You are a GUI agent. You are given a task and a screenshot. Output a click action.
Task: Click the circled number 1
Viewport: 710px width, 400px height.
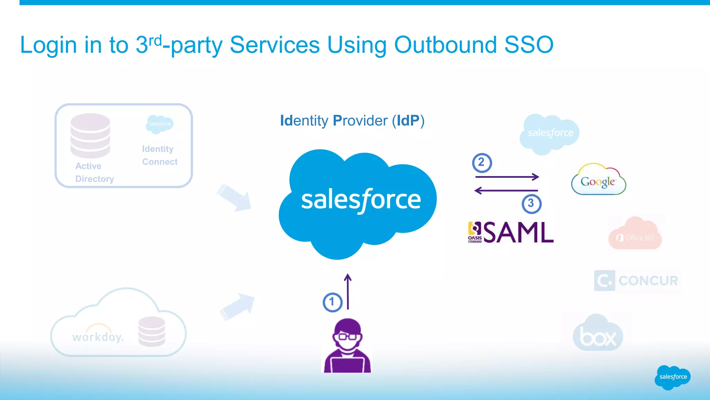point(332,302)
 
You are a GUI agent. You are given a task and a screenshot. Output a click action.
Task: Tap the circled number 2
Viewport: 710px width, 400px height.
point(482,162)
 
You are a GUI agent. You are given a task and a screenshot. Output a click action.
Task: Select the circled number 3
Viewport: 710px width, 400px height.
point(531,203)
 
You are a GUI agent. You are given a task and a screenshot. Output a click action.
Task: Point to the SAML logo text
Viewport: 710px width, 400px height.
point(518,232)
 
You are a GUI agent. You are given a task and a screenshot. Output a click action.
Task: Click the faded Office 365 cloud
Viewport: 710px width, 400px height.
point(635,235)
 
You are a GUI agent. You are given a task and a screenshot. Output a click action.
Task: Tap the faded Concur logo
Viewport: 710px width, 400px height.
point(637,281)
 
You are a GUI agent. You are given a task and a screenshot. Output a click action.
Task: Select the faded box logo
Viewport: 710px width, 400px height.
point(598,334)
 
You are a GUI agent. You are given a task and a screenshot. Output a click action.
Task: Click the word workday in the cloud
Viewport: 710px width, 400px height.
point(98,337)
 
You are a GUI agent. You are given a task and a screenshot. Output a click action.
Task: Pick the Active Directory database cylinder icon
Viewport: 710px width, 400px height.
point(90,135)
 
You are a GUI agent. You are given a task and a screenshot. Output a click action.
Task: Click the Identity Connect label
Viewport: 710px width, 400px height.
point(159,155)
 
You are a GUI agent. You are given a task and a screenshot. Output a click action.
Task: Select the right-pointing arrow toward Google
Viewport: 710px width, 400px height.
point(507,177)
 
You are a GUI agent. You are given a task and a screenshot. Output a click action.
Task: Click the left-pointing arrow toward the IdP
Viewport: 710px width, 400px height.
point(506,190)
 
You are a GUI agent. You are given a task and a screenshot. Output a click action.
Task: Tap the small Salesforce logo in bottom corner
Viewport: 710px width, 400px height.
point(673,377)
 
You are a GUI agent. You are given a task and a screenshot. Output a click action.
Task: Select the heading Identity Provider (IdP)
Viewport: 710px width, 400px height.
point(352,121)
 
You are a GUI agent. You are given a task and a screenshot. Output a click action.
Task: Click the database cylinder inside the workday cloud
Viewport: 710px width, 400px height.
point(151,331)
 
